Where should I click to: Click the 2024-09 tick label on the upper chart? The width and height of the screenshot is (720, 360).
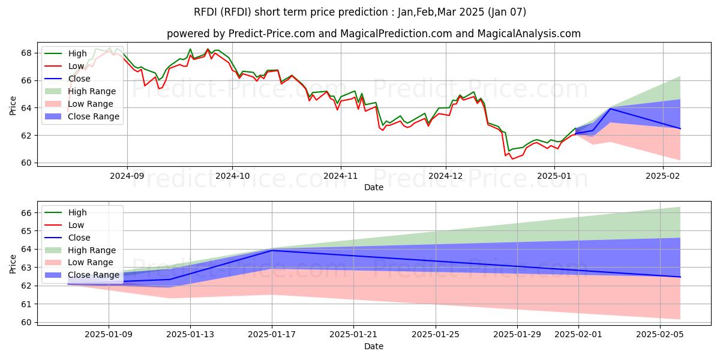127,176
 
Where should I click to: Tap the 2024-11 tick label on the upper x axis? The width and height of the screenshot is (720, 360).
341,176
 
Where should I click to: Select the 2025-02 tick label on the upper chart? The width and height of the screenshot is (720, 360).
663,176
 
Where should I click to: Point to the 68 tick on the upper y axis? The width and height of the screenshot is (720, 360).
26,53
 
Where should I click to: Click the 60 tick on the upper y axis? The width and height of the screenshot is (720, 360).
26,163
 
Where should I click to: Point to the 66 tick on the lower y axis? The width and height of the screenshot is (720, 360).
26,212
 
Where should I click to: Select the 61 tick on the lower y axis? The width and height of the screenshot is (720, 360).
26,304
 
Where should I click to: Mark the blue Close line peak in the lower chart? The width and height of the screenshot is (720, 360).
272,250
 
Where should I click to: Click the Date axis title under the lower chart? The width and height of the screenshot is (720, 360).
373,346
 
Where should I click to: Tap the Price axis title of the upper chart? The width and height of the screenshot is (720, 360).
13,106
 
